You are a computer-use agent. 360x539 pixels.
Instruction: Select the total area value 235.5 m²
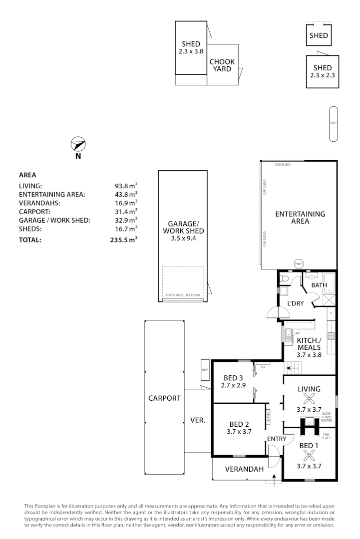(x=123, y=240)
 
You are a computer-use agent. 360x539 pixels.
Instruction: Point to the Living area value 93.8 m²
(x=126, y=186)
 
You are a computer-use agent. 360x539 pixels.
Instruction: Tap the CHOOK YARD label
(x=222, y=65)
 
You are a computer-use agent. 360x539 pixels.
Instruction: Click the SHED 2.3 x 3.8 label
(x=191, y=47)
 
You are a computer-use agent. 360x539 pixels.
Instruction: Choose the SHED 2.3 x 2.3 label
(x=322, y=71)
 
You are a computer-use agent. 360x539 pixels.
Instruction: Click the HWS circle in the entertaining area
(x=299, y=264)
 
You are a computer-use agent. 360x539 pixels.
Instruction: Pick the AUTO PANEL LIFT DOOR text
(x=183, y=295)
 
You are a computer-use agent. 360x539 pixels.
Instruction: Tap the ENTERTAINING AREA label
(x=300, y=217)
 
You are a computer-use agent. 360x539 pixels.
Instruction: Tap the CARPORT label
(x=164, y=398)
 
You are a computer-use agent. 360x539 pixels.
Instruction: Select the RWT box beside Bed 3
(x=205, y=370)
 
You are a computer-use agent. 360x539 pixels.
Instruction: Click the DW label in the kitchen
(x=296, y=333)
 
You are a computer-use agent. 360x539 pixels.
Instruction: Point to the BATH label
(x=319, y=285)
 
